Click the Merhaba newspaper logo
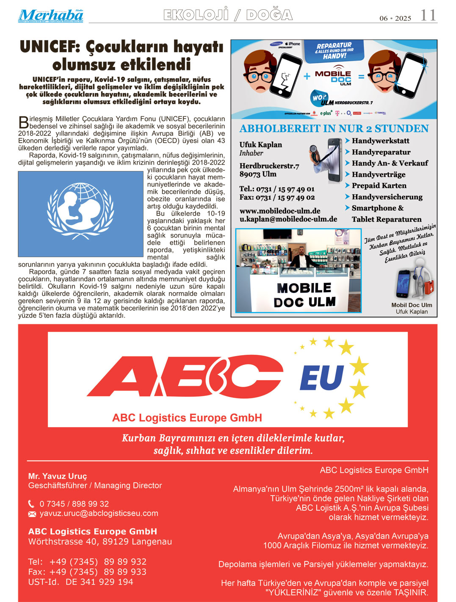coord(50,16)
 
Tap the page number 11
coord(428,16)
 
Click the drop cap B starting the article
coord(23,122)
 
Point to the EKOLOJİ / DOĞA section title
coord(228,15)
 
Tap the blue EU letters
coord(322,378)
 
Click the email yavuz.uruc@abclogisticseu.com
coord(99,514)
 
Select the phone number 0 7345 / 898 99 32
coord(74,504)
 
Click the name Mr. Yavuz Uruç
coord(58,476)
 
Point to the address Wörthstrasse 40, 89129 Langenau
coord(100,541)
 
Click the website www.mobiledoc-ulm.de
coord(280,211)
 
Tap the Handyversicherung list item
coord(387,197)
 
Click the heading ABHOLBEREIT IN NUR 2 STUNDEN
coord(334,129)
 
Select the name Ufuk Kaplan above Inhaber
coord(260,144)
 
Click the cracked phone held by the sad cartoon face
coord(285,76)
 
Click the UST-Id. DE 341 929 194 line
coord(80,582)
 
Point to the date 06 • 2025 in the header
coord(395,18)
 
